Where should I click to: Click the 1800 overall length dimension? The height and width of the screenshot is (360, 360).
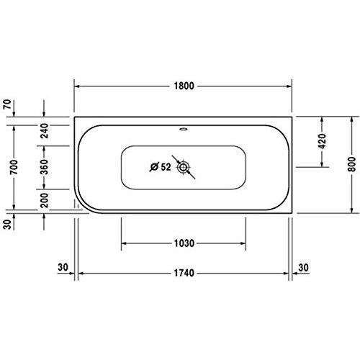click(x=183, y=85)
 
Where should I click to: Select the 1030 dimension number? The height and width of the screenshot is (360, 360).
click(x=184, y=243)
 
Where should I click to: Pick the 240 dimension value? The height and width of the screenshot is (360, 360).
click(x=45, y=130)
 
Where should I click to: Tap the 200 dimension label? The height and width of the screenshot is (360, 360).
click(x=45, y=199)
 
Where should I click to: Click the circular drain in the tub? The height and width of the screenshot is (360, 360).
click(x=184, y=168)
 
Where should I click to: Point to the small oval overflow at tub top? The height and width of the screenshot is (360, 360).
click(x=184, y=131)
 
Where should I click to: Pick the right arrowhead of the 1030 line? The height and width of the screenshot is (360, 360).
click(x=244, y=243)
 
